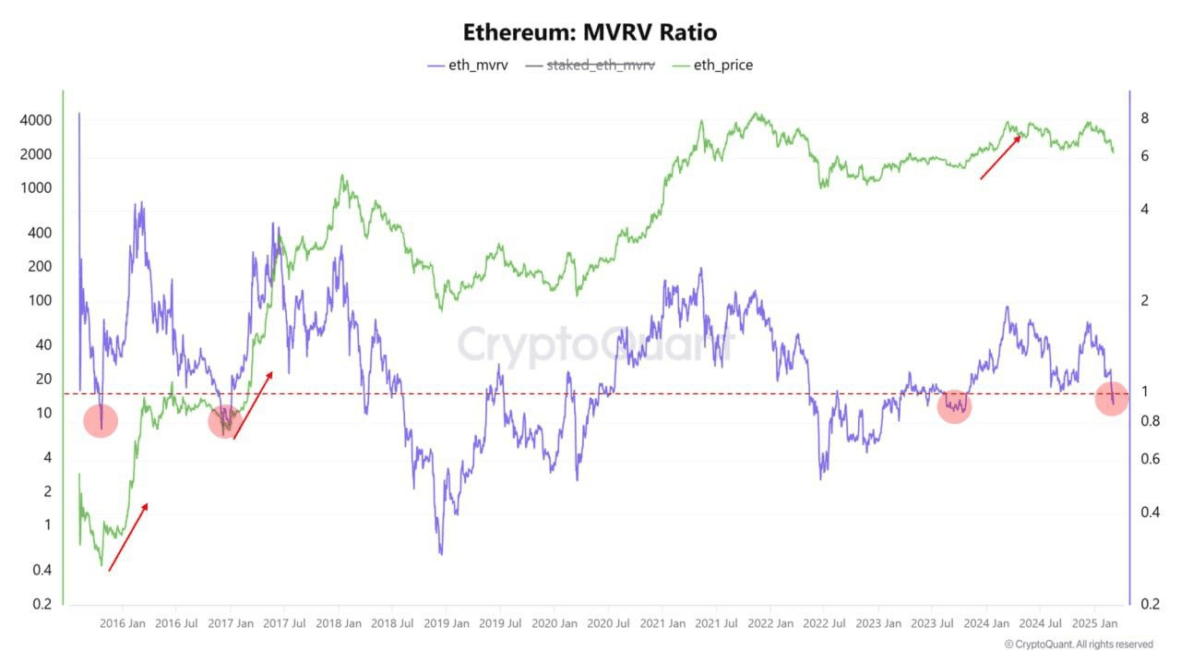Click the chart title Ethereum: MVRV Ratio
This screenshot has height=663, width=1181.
[x=590, y=32]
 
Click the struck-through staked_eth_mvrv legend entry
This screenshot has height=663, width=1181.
[x=600, y=66]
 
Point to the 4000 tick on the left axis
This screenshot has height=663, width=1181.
[x=35, y=121]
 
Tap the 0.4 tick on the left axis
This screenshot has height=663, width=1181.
[x=42, y=570]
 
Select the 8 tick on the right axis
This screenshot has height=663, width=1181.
[x=1144, y=118]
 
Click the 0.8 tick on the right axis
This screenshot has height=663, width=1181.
[x=1149, y=421]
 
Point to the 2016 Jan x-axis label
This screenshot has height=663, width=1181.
[x=123, y=623]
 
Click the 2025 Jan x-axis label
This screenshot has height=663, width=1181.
[x=1098, y=623]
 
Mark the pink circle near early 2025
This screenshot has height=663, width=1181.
[x=1111, y=399]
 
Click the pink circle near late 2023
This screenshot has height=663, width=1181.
[x=954, y=405]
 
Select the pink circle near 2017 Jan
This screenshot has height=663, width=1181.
[x=225, y=421]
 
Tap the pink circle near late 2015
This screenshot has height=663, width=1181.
[x=100, y=421]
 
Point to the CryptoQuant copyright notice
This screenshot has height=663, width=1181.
[x=1079, y=645]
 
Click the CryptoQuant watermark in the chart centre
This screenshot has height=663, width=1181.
[x=595, y=345]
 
